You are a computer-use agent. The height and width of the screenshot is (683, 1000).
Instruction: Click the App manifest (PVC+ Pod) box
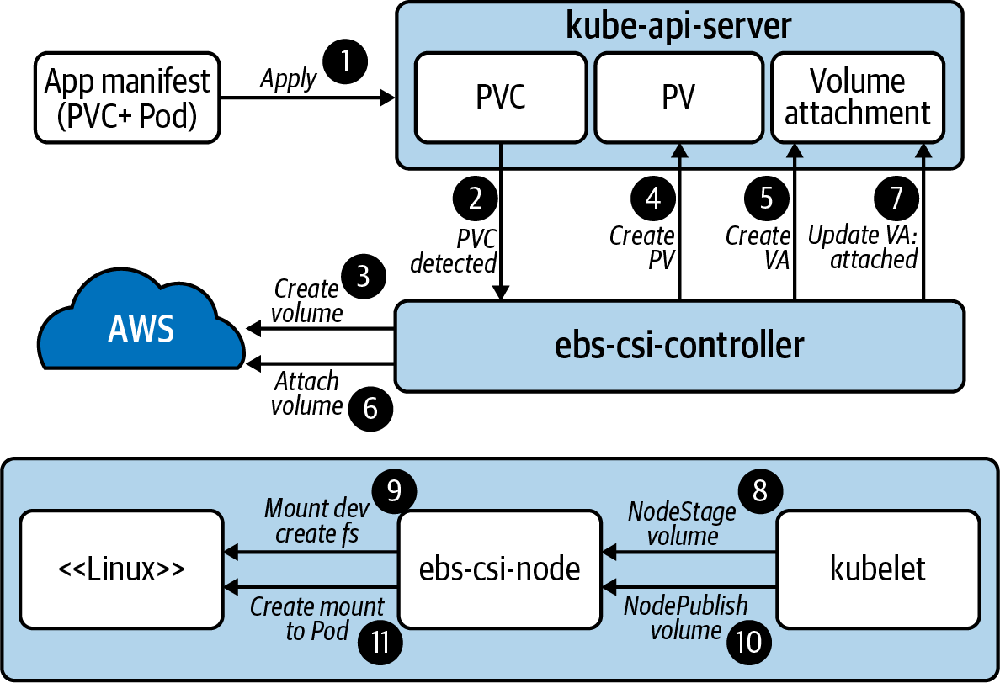coord(126,98)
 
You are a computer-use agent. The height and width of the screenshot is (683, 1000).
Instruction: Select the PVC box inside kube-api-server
coord(501,97)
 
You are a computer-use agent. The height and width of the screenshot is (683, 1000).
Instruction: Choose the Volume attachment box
coord(857,97)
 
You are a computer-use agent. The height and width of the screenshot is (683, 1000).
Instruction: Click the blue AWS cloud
coord(141,329)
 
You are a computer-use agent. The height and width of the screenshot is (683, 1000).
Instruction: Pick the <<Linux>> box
coord(121,569)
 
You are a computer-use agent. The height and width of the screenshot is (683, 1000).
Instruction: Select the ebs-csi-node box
coord(500,569)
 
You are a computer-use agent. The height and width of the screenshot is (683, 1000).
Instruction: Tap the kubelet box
coord(877,569)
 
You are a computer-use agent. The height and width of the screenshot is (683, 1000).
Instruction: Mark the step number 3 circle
coord(363,278)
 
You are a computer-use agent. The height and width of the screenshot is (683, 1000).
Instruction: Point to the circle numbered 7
coord(896,198)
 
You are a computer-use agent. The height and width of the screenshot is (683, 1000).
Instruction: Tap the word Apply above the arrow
coord(288,79)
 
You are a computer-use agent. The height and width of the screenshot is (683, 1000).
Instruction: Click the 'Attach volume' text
coord(306,394)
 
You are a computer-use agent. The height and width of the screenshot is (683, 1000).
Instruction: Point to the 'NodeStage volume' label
coord(681,522)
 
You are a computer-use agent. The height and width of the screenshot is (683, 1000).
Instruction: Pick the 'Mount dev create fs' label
coord(311,521)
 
